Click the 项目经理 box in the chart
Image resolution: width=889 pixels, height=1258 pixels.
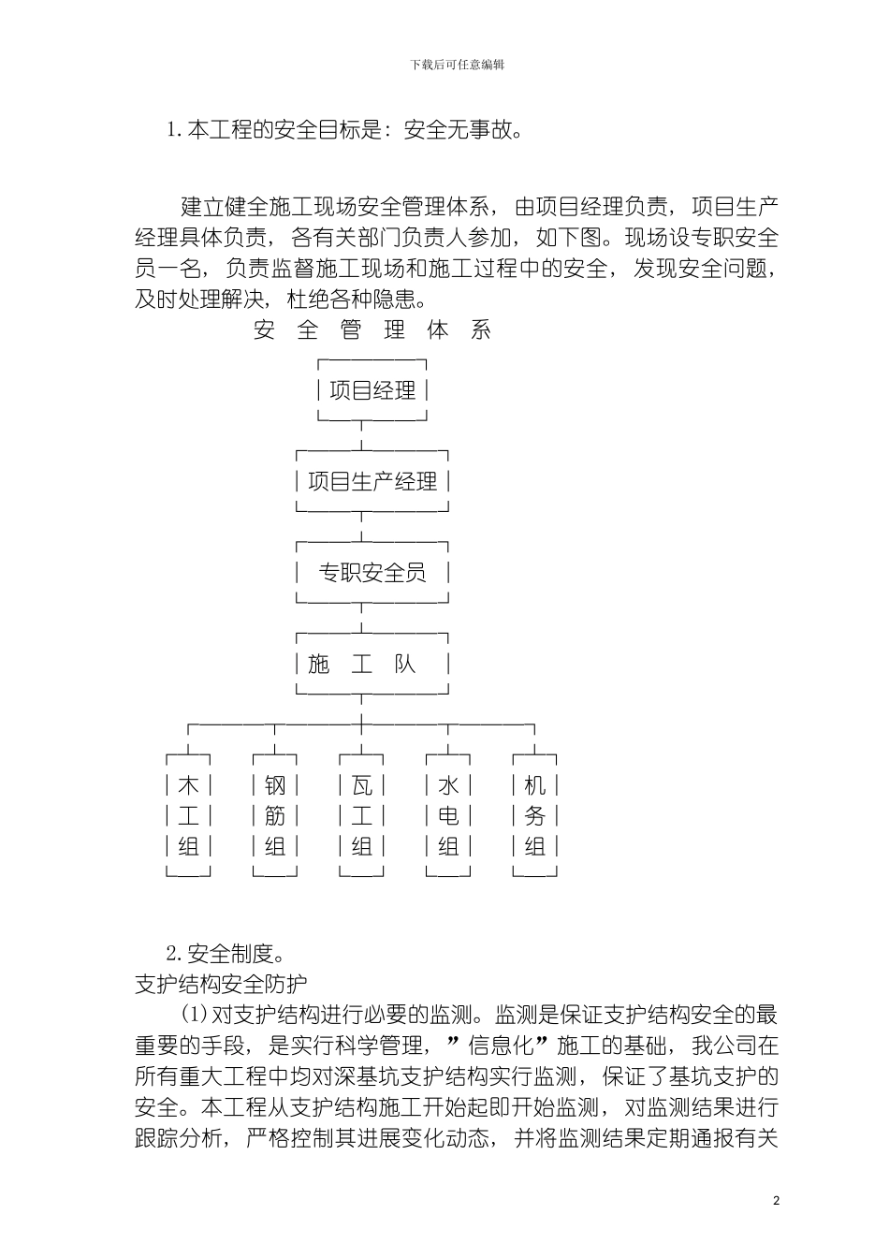pos(372,390)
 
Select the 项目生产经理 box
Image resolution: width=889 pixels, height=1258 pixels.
pos(372,482)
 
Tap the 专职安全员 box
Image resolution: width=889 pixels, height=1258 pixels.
pos(372,573)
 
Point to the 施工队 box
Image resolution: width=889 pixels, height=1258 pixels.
pos(372,665)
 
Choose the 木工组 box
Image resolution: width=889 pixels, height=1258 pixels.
pos(188,815)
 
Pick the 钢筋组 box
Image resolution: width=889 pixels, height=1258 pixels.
pos(275,815)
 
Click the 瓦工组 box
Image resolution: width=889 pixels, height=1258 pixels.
pos(362,815)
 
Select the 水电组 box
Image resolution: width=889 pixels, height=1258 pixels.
pos(448,815)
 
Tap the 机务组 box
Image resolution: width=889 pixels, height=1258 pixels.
pos(534,815)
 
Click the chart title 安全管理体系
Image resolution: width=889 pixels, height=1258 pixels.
pos(372,329)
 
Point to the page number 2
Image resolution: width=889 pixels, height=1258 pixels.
pos(776,1201)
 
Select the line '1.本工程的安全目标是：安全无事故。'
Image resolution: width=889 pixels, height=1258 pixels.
pos(343,130)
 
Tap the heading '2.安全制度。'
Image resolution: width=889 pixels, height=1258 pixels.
pos(225,954)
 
